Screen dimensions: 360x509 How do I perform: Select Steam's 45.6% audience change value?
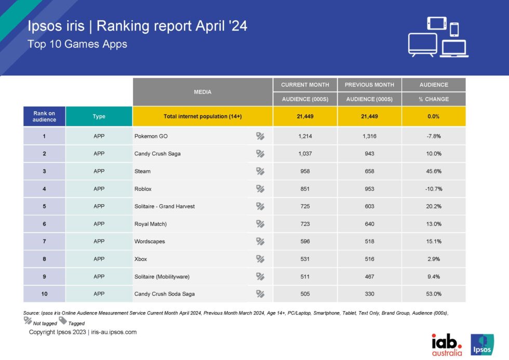pyautogui.click(x=433, y=171)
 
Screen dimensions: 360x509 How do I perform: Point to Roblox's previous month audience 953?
pyautogui.click(x=369, y=189)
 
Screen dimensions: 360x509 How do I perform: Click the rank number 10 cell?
pyautogui.click(x=44, y=294)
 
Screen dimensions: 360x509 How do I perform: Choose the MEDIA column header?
pyautogui.click(x=203, y=92)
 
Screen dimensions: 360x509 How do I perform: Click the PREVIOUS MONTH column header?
pyautogui.click(x=369, y=85)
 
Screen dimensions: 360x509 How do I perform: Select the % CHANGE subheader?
pyautogui.click(x=433, y=99)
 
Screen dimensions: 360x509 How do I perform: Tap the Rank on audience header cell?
pyautogui.click(x=44, y=116)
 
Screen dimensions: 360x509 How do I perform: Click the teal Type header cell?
pyautogui.click(x=99, y=116)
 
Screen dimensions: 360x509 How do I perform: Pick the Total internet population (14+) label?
pyautogui.click(x=203, y=116)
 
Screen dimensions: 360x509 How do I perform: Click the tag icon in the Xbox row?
pyautogui.click(x=260, y=259)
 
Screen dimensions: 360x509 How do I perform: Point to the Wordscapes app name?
pyautogui.click(x=150, y=241)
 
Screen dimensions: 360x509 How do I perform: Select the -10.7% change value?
pyautogui.click(x=433, y=189)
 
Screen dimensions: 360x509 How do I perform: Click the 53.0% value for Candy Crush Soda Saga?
pyautogui.click(x=433, y=294)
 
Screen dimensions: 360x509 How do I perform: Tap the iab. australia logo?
pyautogui.click(x=447, y=344)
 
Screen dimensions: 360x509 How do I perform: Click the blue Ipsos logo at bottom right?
pyautogui.click(x=481, y=344)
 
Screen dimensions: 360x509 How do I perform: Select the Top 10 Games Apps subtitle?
pyautogui.click(x=77, y=44)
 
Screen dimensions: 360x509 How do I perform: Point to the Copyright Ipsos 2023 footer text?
pyautogui.click(x=83, y=332)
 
